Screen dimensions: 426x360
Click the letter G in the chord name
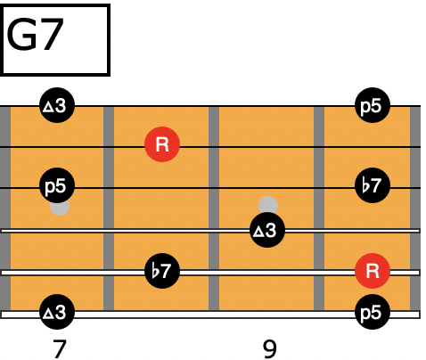tap(20, 35)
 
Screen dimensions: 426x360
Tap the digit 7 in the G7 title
tap(50, 35)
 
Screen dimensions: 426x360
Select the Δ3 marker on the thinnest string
tap(57, 105)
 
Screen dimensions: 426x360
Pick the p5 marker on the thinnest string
tap(373, 105)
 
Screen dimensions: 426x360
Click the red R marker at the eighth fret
tap(162, 144)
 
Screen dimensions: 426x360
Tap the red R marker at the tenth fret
tap(373, 271)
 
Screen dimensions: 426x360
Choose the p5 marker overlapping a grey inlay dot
tap(57, 185)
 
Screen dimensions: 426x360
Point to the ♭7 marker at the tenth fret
tap(373, 185)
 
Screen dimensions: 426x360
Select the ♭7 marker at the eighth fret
tap(162, 271)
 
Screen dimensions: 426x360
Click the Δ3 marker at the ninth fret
tap(267, 230)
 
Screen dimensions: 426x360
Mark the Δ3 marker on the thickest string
tap(57, 312)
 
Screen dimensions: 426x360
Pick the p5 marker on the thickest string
tap(373, 312)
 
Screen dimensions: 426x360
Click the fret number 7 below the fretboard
tap(60, 348)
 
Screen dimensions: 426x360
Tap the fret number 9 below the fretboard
tap(270, 349)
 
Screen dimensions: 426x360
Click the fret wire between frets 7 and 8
tap(109, 209)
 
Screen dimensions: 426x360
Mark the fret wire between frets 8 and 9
tap(214, 209)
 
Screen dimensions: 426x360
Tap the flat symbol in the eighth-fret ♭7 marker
tap(154, 271)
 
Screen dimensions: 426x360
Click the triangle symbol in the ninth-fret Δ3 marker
tap(258, 231)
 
